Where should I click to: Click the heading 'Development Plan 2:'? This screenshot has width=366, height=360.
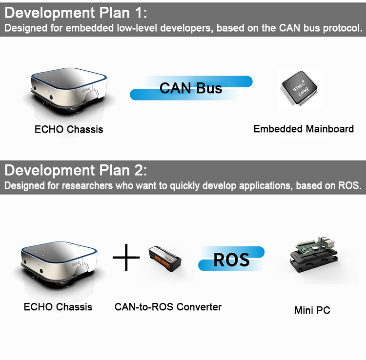(75, 171)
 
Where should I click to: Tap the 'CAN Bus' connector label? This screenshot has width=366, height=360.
(191, 88)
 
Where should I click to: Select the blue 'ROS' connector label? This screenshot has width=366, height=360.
(231, 259)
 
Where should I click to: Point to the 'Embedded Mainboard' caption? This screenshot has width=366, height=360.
(304, 129)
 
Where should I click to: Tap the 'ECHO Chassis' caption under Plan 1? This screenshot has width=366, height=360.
(69, 130)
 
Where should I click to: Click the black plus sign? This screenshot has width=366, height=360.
(126, 257)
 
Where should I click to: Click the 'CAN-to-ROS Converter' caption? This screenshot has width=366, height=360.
(168, 307)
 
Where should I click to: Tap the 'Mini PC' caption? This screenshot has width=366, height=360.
(312, 310)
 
